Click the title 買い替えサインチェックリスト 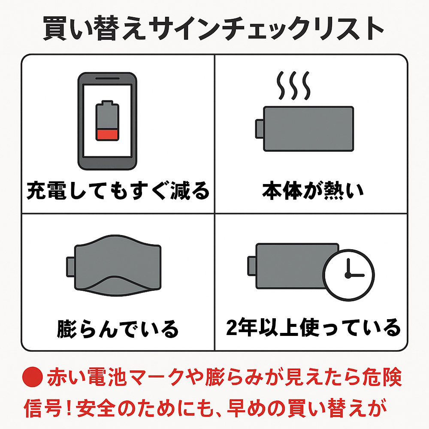tap(214, 28)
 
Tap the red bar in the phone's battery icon tap(107, 135)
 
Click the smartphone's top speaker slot tap(107, 79)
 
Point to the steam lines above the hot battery tap(293, 85)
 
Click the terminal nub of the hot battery tap(260, 129)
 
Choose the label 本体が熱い tap(313, 190)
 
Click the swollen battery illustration tap(114, 266)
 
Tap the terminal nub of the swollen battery tap(70, 267)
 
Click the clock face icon tap(348, 275)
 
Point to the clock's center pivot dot tap(348, 275)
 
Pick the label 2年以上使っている tap(313, 327)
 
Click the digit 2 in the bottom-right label tap(232, 327)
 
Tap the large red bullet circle tap(33, 377)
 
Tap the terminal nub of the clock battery tap(252, 266)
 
